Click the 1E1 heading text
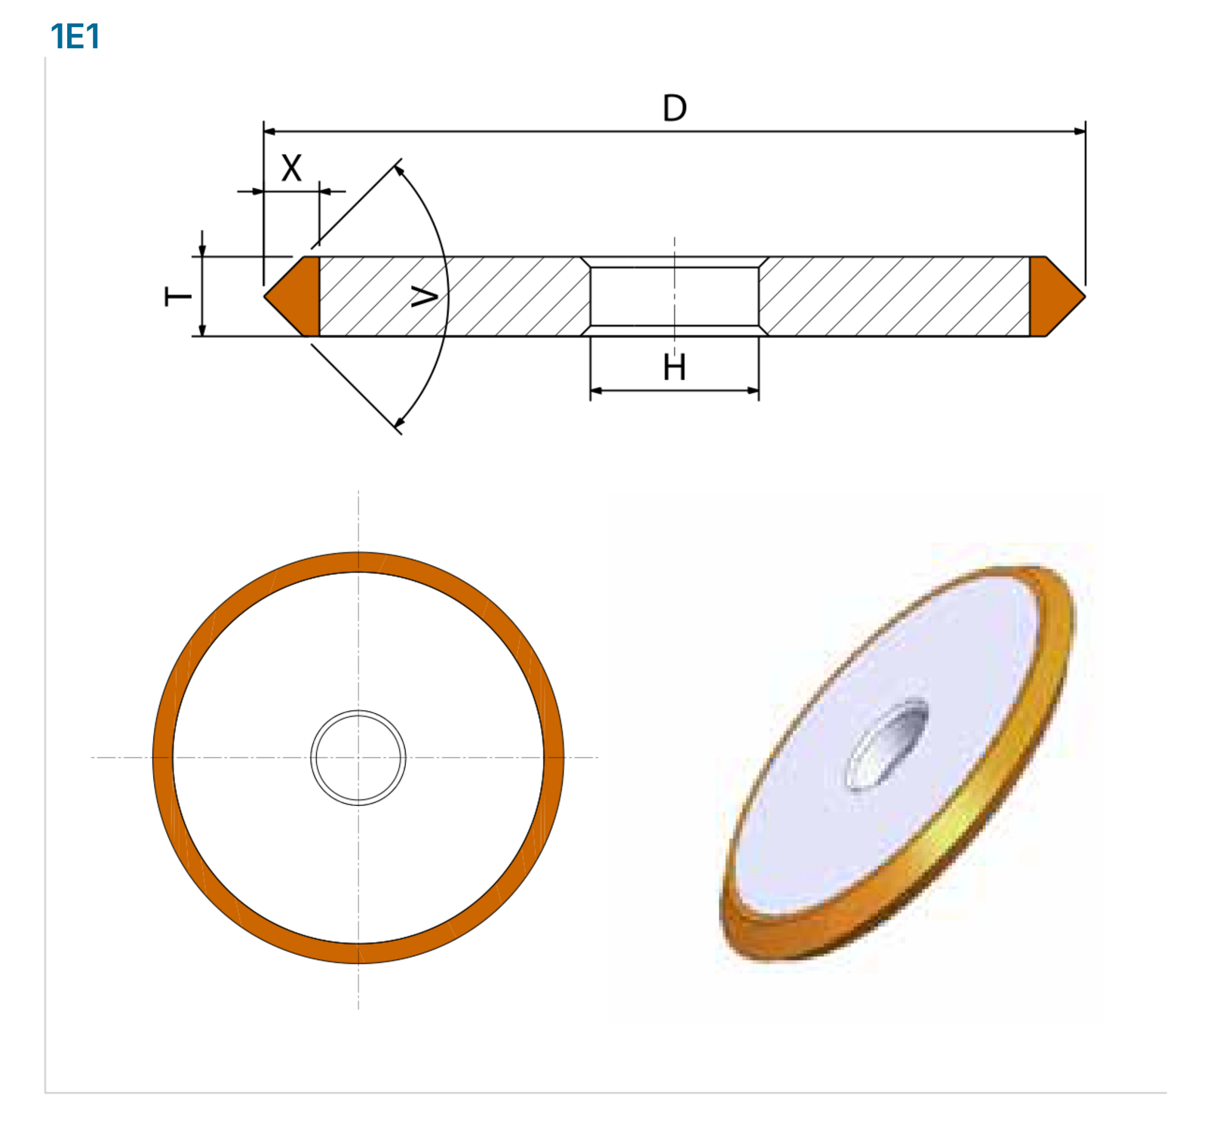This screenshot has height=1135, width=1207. tap(75, 36)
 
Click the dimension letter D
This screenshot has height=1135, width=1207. tap(674, 108)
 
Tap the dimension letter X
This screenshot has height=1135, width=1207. tap(291, 168)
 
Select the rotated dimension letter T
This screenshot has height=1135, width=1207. tap(178, 296)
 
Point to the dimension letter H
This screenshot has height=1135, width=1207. tap(674, 368)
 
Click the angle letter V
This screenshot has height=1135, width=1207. tap(425, 297)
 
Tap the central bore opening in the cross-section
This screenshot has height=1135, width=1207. tap(674, 296)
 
